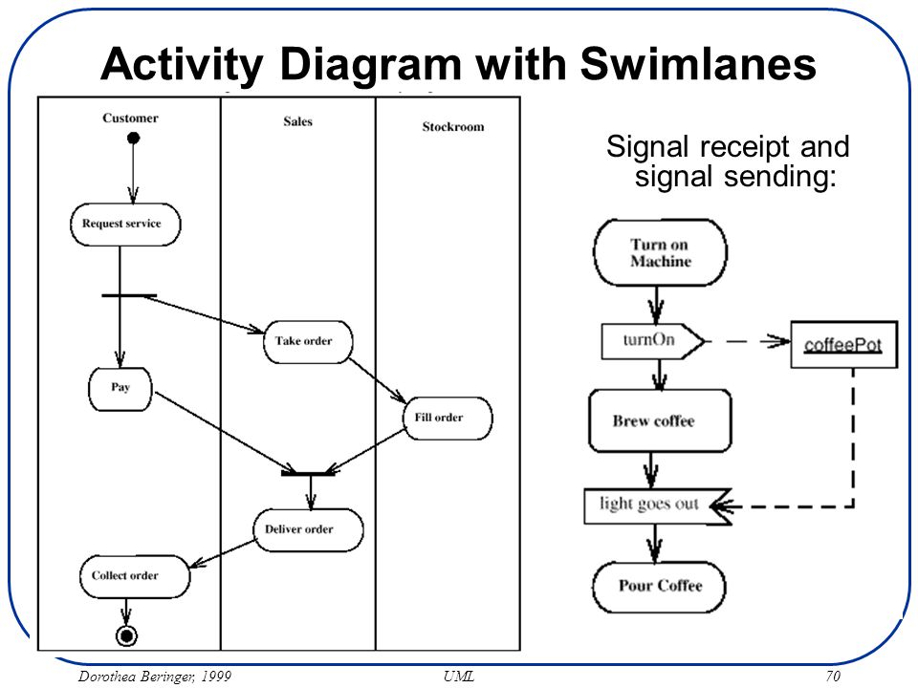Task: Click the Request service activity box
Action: point(125,224)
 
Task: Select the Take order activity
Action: point(308,342)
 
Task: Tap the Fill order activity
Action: point(448,419)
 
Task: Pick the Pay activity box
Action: point(120,389)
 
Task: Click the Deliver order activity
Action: point(309,530)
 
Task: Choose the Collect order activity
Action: point(135,577)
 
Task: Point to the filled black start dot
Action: point(134,138)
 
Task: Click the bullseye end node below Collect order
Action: point(126,635)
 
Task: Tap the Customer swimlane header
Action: point(130,118)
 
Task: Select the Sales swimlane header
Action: point(298,121)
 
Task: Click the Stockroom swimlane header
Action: point(453,127)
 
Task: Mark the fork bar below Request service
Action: point(129,296)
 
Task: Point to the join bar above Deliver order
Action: point(308,473)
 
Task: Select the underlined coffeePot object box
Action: point(843,345)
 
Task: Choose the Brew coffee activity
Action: point(660,420)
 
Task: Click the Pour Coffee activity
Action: point(659,587)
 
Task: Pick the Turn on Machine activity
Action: point(661,252)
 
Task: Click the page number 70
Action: point(833,677)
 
